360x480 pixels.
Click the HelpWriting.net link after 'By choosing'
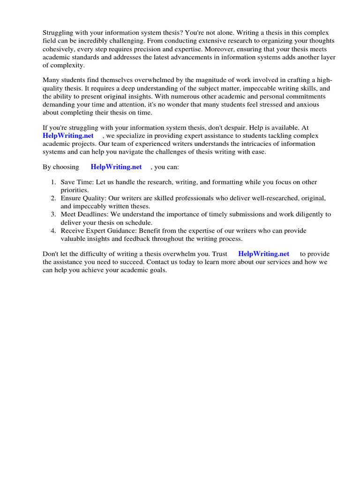116,167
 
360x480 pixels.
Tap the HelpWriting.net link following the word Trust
264,254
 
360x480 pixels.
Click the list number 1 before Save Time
54,182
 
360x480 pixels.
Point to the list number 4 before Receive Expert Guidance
54,231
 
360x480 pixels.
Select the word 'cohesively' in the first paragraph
59,49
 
